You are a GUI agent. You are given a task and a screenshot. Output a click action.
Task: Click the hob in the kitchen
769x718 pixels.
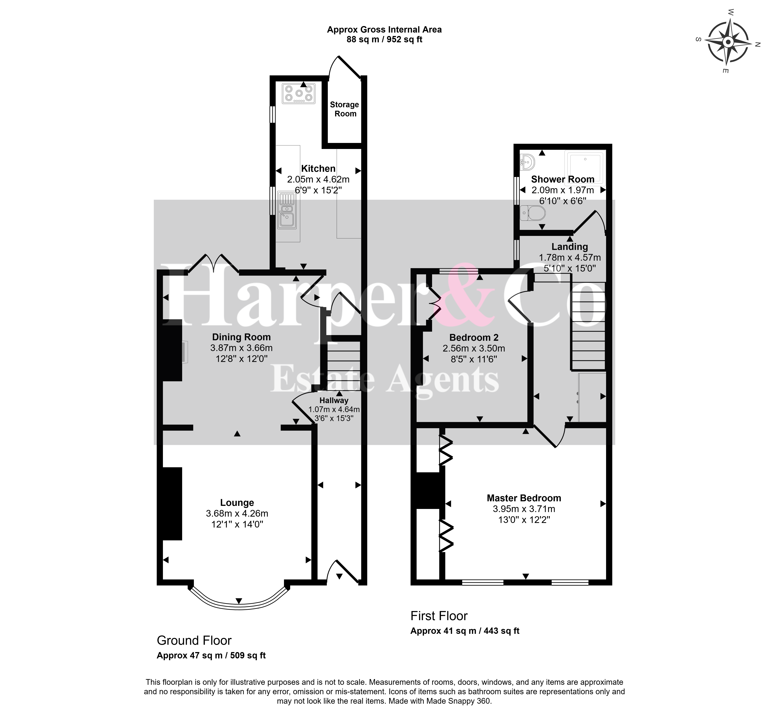[x=299, y=94]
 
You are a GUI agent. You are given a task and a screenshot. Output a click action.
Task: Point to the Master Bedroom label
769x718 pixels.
[x=524, y=498]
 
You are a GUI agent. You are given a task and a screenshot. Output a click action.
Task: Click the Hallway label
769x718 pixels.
[x=334, y=401]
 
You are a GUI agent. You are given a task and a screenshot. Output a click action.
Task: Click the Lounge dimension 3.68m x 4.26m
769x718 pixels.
[x=237, y=514]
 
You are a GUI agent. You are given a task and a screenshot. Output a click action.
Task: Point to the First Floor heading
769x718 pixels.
[x=439, y=616]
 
